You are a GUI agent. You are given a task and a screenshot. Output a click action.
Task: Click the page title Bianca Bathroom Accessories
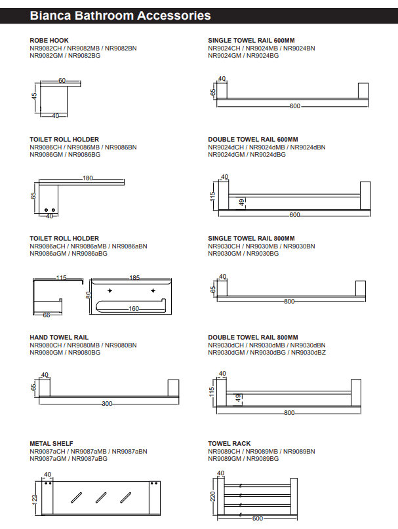click(x=120, y=15)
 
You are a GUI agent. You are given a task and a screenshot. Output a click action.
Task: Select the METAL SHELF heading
click(x=51, y=444)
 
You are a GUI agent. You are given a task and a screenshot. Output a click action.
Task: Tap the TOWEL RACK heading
click(x=229, y=444)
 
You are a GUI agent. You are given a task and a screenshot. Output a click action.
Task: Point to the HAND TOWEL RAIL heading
click(x=59, y=337)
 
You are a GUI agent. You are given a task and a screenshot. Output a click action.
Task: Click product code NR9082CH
click(x=46, y=49)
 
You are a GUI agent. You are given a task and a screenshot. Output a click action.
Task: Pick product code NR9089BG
click(x=264, y=459)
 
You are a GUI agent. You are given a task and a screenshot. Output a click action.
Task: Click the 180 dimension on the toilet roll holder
click(x=88, y=178)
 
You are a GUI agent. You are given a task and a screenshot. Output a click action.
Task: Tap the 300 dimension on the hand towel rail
click(x=107, y=404)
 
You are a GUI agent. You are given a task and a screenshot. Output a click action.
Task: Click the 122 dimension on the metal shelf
click(x=35, y=499)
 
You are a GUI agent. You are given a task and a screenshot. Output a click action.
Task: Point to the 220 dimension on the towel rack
click(x=212, y=497)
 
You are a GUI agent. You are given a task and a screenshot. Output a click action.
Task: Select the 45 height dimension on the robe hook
click(x=34, y=96)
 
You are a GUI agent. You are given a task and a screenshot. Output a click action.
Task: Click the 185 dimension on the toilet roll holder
click(x=134, y=278)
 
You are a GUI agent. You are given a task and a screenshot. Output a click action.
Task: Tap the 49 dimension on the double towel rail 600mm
click(x=241, y=202)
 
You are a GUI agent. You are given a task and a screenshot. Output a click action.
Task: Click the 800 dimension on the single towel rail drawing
click(x=289, y=302)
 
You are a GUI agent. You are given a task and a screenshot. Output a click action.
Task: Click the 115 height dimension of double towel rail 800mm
click(x=212, y=391)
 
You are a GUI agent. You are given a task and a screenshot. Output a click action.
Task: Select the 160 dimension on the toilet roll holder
click(x=133, y=308)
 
